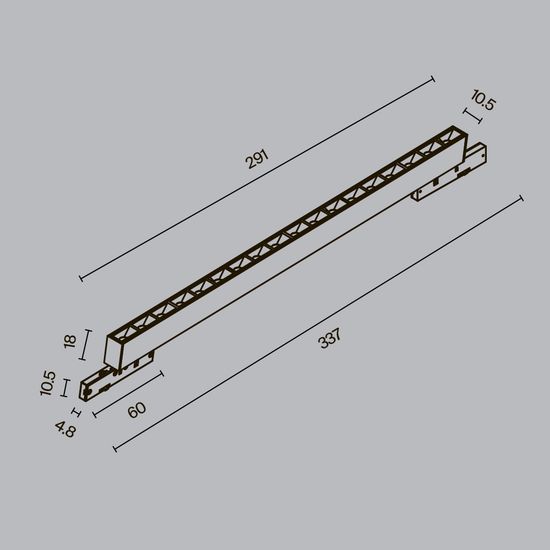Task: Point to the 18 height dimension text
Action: click(69, 341)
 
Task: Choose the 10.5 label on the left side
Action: click(47, 385)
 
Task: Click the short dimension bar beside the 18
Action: click(88, 346)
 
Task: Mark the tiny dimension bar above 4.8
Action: click(76, 409)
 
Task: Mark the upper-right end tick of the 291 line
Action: click(434, 77)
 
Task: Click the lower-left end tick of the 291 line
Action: click(80, 279)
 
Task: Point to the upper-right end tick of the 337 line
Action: click(522, 197)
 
